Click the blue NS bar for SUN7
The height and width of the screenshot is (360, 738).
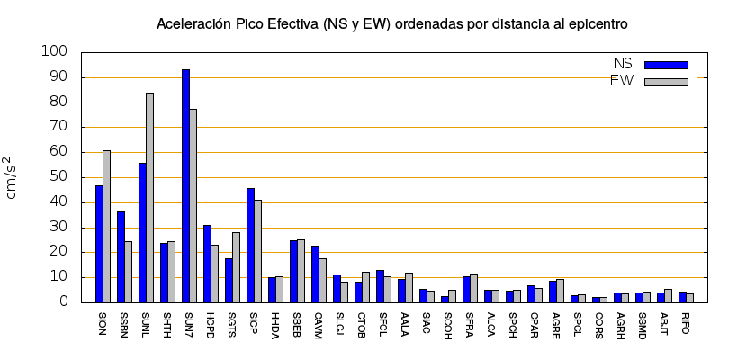click(185, 185)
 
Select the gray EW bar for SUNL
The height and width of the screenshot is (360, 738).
click(149, 197)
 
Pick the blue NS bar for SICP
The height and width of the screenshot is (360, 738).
click(250, 245)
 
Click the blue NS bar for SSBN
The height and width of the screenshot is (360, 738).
click(121, 256)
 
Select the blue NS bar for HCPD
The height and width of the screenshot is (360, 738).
click(207, 264)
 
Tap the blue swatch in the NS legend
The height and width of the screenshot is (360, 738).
click(666, 65)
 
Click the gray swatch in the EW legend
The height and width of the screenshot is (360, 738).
click(666, 82)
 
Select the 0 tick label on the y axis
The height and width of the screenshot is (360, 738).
click(64, 302)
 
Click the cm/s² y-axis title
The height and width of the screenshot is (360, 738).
click(14, 177)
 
